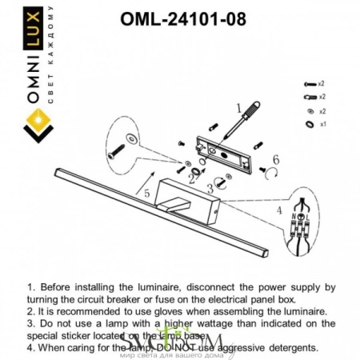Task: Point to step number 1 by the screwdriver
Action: (238, 106)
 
